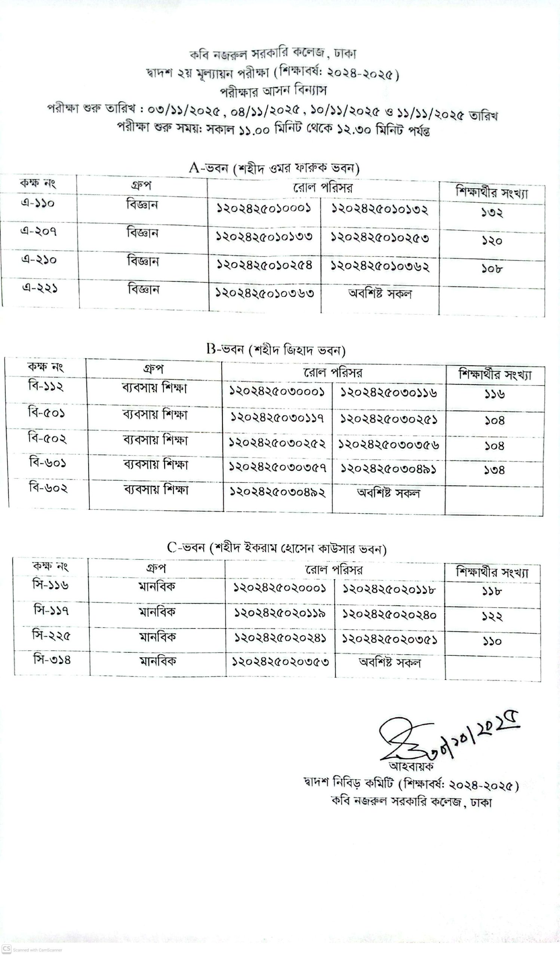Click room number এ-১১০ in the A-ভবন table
pyautogui.click(x=38, y=204)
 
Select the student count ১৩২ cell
pyautogui.click(x=492, y=212)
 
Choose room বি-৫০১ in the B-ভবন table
pyautogui.click(x=46, y=412)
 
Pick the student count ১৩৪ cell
pyautogui.click(x=494, y=471)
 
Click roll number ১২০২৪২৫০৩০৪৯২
pyautogui.click(x=277, y=492)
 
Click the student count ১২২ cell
pyautogui.click(x=492, y=617)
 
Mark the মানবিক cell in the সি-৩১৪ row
pyautogui.click(x=157, y=661)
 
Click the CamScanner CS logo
pyautogui.click(x=6, y=948)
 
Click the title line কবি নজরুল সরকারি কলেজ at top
pyautogui.click(x=273, y=54)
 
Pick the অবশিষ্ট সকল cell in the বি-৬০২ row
pyautogui.click(x=388, y=493)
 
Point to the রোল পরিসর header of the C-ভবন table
pyautogui.click(x=334, y=570)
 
